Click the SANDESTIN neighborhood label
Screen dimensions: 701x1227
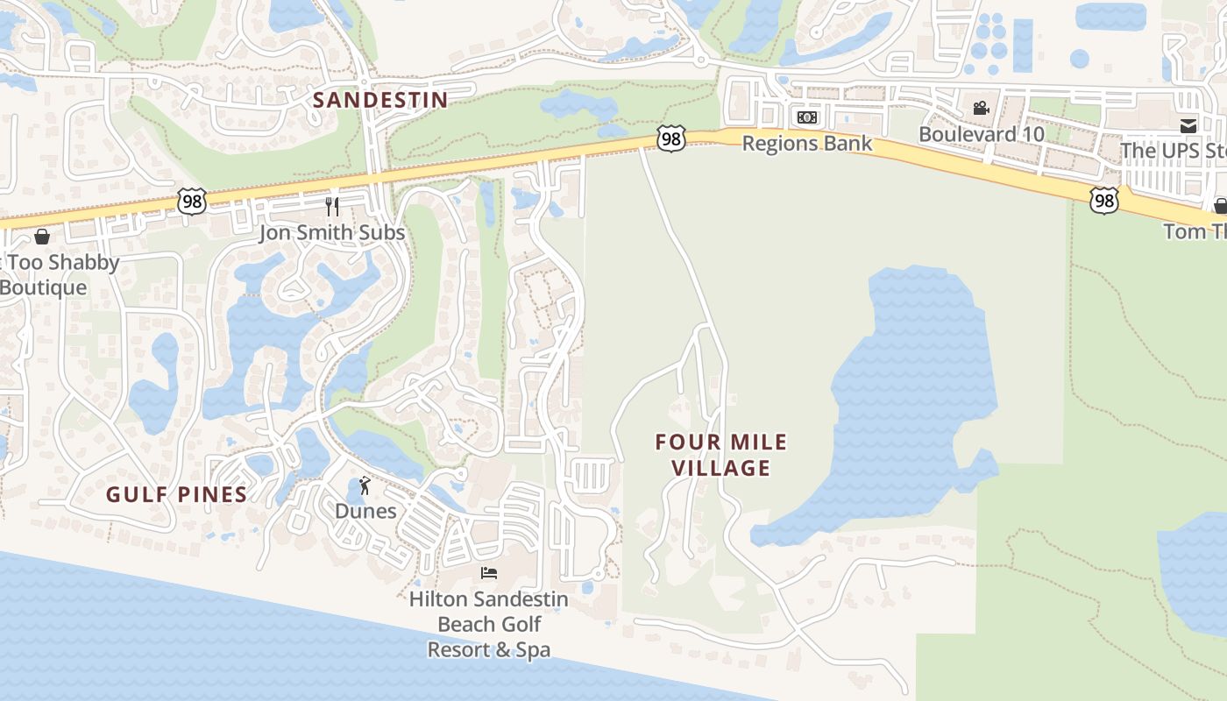click(x=380, y=100)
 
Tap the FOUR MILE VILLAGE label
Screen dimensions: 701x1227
click(x=720, y=455)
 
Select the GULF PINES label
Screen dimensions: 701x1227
click(x=177, y=495)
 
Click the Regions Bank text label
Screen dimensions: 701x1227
click(x=806, y=143)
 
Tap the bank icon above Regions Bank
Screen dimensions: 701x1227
click(x=806, y=117)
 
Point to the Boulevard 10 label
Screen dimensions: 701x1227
click(x=981, y=134)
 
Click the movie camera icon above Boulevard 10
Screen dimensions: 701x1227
click(x=981, y=109)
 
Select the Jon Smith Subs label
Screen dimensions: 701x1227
click(x=332, y=232)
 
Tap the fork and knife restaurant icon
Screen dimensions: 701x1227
click(x=332, y=207)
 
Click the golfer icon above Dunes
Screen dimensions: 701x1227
click(x=365, y=485)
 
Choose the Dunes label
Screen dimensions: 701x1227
click(x=365, y=511)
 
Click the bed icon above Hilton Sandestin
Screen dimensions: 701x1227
click(x=489, y=573)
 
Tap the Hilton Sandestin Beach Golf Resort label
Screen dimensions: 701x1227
click(x=489, y=624)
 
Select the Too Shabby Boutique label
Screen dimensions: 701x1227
click(x=56, y=274)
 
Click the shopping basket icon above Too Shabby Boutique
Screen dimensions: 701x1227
click(x=41, y=237)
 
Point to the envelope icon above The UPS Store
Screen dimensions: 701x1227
click(x=1188, y=125)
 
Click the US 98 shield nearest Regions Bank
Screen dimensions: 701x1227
click(x=670, y=138)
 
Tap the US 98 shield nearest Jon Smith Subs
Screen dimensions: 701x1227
click(x=191, y=202)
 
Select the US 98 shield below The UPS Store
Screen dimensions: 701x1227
click(x=1104, y=201)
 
